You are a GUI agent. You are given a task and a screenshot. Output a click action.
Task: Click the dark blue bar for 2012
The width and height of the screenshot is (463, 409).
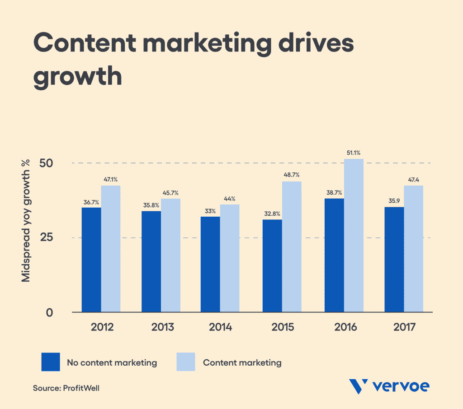[x=91, y=260]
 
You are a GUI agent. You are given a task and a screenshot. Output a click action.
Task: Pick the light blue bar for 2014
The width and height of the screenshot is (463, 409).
[x=230, y=258]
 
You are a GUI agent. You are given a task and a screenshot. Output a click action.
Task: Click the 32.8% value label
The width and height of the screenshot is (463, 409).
[x=272, y=214]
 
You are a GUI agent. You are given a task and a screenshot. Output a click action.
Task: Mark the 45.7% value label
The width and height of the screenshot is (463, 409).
[x=170, y=193]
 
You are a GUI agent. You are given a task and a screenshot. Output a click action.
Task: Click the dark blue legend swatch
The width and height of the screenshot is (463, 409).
[x=50, y=362]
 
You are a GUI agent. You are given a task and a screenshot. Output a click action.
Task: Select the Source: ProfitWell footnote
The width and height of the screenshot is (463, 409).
[x=66, y=388]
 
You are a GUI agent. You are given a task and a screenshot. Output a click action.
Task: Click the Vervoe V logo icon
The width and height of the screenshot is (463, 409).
[x=359, y=387]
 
